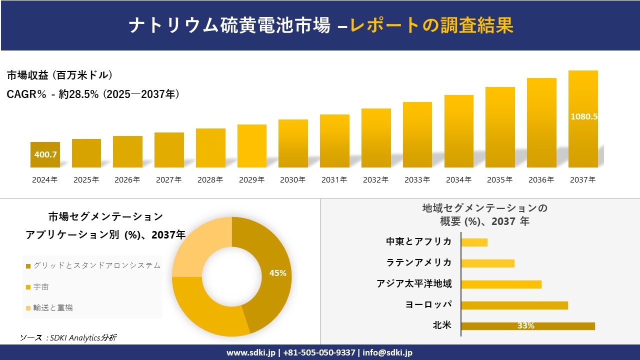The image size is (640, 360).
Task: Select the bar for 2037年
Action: [583, 140]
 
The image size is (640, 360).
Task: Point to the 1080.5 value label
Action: [584, 116]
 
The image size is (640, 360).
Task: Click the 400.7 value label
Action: [45, 154]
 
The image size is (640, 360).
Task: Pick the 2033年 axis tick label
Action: [417, 180]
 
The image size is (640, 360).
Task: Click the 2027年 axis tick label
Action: [168, 180]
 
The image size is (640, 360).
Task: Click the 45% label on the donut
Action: [277, 273]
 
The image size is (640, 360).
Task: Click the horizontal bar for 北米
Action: [527, 326]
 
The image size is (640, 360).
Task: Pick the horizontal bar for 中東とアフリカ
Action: [474, 242]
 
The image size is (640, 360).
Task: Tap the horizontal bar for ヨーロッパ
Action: [514, 305]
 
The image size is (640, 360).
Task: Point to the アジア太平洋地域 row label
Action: [414, 284]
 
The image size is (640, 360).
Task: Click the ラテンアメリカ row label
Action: [419, 263]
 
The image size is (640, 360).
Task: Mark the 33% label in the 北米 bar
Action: [525, 326]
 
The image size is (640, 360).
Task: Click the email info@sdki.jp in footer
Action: [388, 352]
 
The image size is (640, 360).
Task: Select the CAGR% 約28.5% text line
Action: [93, 94]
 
